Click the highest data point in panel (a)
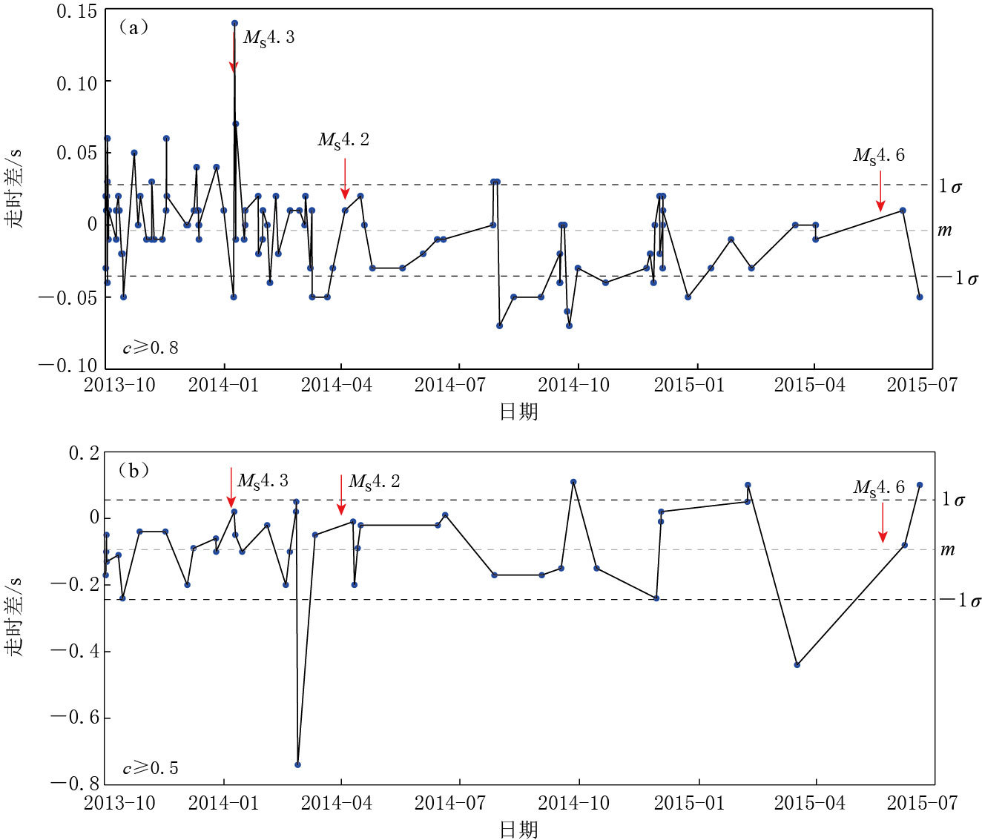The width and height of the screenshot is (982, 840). coord(234,23)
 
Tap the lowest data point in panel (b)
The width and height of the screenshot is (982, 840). coord(297,764)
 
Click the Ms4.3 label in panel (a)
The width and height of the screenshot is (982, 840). coord(268,38)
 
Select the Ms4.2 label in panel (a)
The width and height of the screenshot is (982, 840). coord(343,139)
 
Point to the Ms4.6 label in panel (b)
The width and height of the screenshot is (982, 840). coord(879,487)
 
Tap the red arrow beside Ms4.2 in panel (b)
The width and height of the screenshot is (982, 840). coord(341,495)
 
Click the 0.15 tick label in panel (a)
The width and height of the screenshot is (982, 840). coord(77,12)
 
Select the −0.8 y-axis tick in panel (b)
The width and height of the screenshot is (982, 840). coord(74,783)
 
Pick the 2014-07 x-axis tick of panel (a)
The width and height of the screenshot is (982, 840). coord(449,385)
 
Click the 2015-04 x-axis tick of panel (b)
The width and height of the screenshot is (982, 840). coord(809,803)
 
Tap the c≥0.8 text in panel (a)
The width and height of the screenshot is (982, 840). coord(151,348)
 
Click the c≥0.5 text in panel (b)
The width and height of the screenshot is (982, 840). coord(151,768)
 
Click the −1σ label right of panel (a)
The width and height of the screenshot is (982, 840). coord(957,278)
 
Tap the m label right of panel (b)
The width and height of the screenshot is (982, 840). coord(947,549)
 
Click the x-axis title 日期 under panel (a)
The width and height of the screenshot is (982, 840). coord(518,411)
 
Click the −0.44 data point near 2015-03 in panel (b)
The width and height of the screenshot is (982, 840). coord(797,665)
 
